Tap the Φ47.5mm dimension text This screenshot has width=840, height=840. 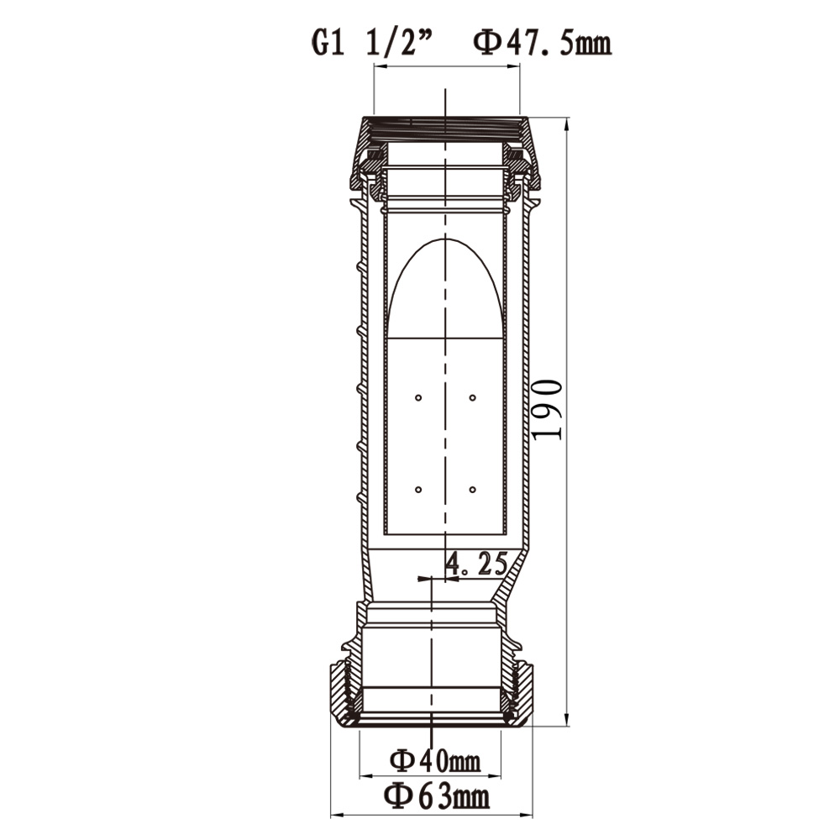pos(542,43)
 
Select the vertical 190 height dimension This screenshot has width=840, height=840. pos(548,410)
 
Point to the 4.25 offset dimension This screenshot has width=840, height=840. pos(477,564)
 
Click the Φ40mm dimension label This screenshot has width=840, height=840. pos(435,761)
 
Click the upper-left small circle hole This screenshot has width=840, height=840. pos(418,397)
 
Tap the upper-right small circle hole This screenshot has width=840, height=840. pos(472,397)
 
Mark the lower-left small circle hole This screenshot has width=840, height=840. pos(418,490)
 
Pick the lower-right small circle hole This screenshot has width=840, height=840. pos(472,490)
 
